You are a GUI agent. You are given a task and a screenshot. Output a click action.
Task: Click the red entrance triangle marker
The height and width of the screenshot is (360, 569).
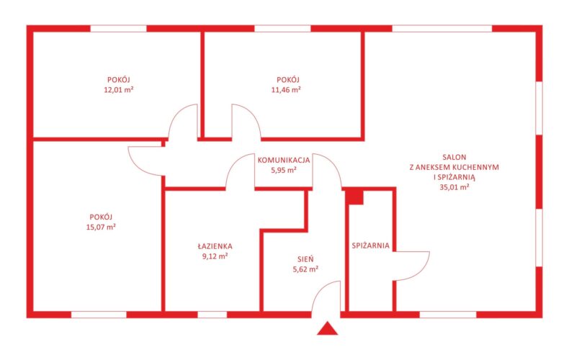327,329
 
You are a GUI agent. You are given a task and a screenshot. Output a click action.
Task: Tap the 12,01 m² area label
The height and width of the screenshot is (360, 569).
119,89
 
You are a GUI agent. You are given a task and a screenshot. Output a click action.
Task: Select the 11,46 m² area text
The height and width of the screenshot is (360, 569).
286,89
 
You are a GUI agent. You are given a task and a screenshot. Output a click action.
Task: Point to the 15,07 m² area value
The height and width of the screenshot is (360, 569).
101,228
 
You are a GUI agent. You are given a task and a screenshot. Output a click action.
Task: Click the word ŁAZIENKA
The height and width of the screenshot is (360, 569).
215,246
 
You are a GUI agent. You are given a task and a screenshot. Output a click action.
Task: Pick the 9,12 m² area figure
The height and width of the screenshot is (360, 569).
215,256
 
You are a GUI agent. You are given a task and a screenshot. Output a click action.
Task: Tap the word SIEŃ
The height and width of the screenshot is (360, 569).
305,259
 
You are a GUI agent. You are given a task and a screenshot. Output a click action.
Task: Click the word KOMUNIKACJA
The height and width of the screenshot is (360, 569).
284,160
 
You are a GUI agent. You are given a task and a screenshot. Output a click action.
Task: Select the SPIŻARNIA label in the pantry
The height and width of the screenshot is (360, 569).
370,246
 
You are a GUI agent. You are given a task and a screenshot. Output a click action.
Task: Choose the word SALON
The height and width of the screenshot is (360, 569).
454,157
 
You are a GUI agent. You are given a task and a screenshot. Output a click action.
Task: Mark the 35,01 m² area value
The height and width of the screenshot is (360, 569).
454,187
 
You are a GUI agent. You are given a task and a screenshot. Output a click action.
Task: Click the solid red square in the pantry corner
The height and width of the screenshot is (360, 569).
354,197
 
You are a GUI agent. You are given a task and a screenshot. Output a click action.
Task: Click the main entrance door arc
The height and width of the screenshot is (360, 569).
319,289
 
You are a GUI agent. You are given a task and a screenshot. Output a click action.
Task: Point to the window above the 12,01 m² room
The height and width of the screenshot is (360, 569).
118,29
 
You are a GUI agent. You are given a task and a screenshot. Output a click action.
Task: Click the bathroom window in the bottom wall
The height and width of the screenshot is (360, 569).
212,315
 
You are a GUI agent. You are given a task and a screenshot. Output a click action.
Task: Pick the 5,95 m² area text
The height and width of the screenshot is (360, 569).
284,170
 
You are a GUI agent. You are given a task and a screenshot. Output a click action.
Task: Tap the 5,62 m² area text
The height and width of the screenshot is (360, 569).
305,269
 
